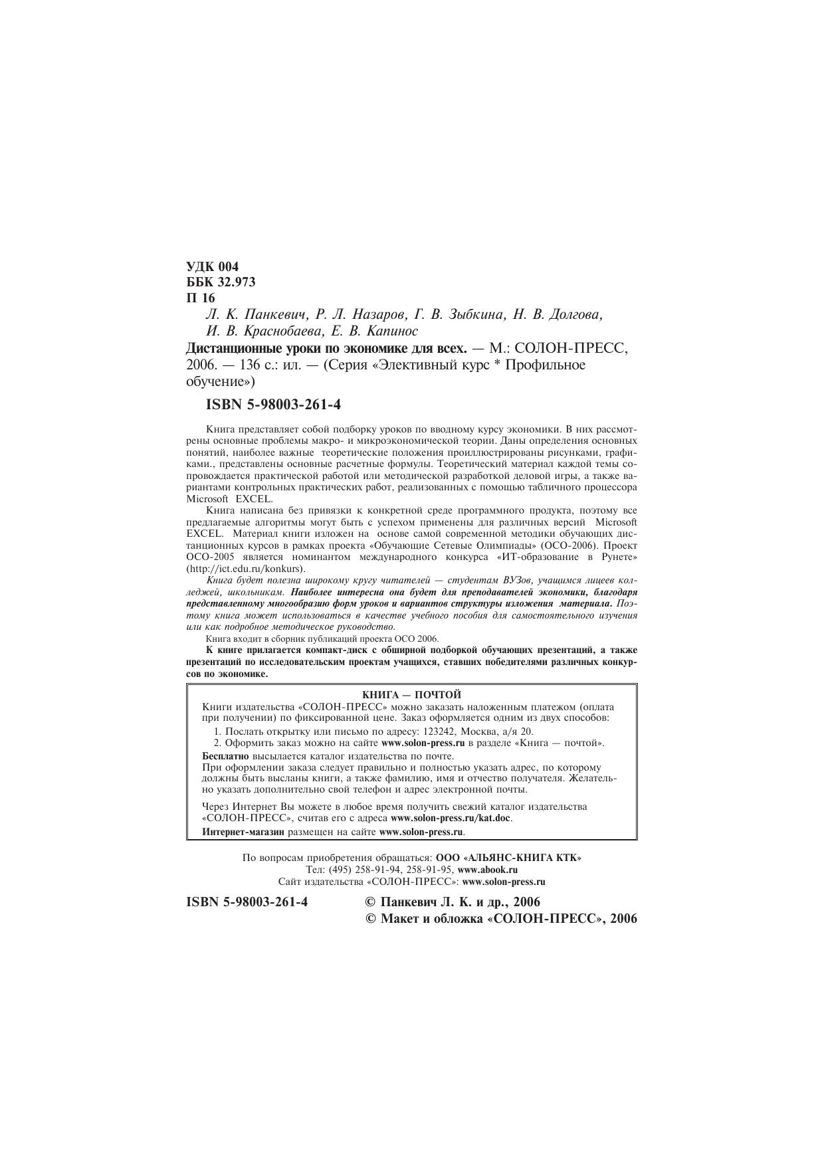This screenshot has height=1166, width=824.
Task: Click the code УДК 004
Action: pyautogui.click(x=212, y=266)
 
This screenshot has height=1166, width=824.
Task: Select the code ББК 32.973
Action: pyautogui.click(x=221, y=282)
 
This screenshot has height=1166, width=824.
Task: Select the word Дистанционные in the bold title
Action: pyautogui.click(x=233, y=348)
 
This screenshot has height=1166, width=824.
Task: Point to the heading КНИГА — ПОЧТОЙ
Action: pyautogui.click(x=411, y=694)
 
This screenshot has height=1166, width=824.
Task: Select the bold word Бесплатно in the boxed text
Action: pyautogui.click(x=225, y=756)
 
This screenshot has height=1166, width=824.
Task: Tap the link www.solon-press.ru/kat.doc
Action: pyautogui.click(x=451, y=818)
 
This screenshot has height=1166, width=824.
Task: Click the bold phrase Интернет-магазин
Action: pyautogui.click(x=243, y=831)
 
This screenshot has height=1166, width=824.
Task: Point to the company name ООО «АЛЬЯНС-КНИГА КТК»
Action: pyautogui.click(x=508, y=858)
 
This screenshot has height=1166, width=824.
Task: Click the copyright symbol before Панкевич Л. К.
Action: pyautogui.click(x=371, y=902)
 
